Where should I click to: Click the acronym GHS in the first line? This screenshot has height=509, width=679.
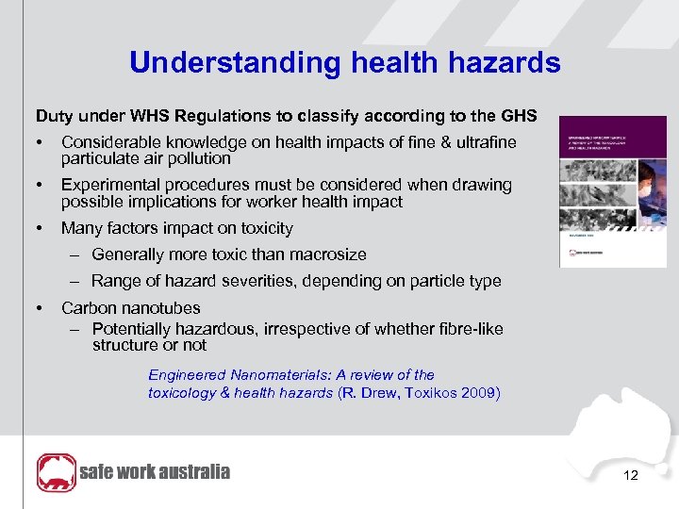click(x=519, y=116)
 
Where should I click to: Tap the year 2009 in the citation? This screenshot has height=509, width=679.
click(x=481, y=393)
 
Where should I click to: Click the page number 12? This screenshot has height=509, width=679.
click(x=631, y=476)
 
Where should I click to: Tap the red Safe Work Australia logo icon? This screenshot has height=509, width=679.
click(x=56, y=472)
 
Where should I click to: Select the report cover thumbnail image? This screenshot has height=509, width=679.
click(x=600, y=191)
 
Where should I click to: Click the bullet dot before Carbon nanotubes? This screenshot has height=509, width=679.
click(x=41, y=308)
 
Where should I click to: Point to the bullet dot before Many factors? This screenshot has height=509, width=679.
click(x=41, y=228)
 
